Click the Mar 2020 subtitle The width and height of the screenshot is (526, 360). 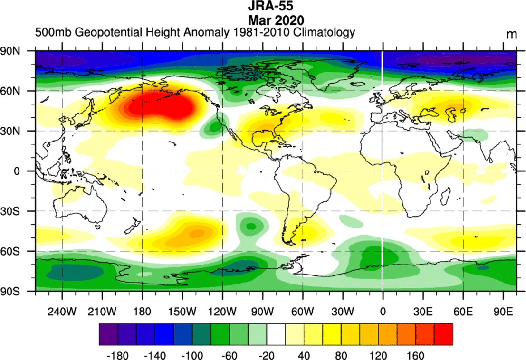click(x=276, y=20)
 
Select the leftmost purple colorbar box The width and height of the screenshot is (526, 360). click(x=108, y=334)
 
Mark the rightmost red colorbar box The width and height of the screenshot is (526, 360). click(x=443, y=334)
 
